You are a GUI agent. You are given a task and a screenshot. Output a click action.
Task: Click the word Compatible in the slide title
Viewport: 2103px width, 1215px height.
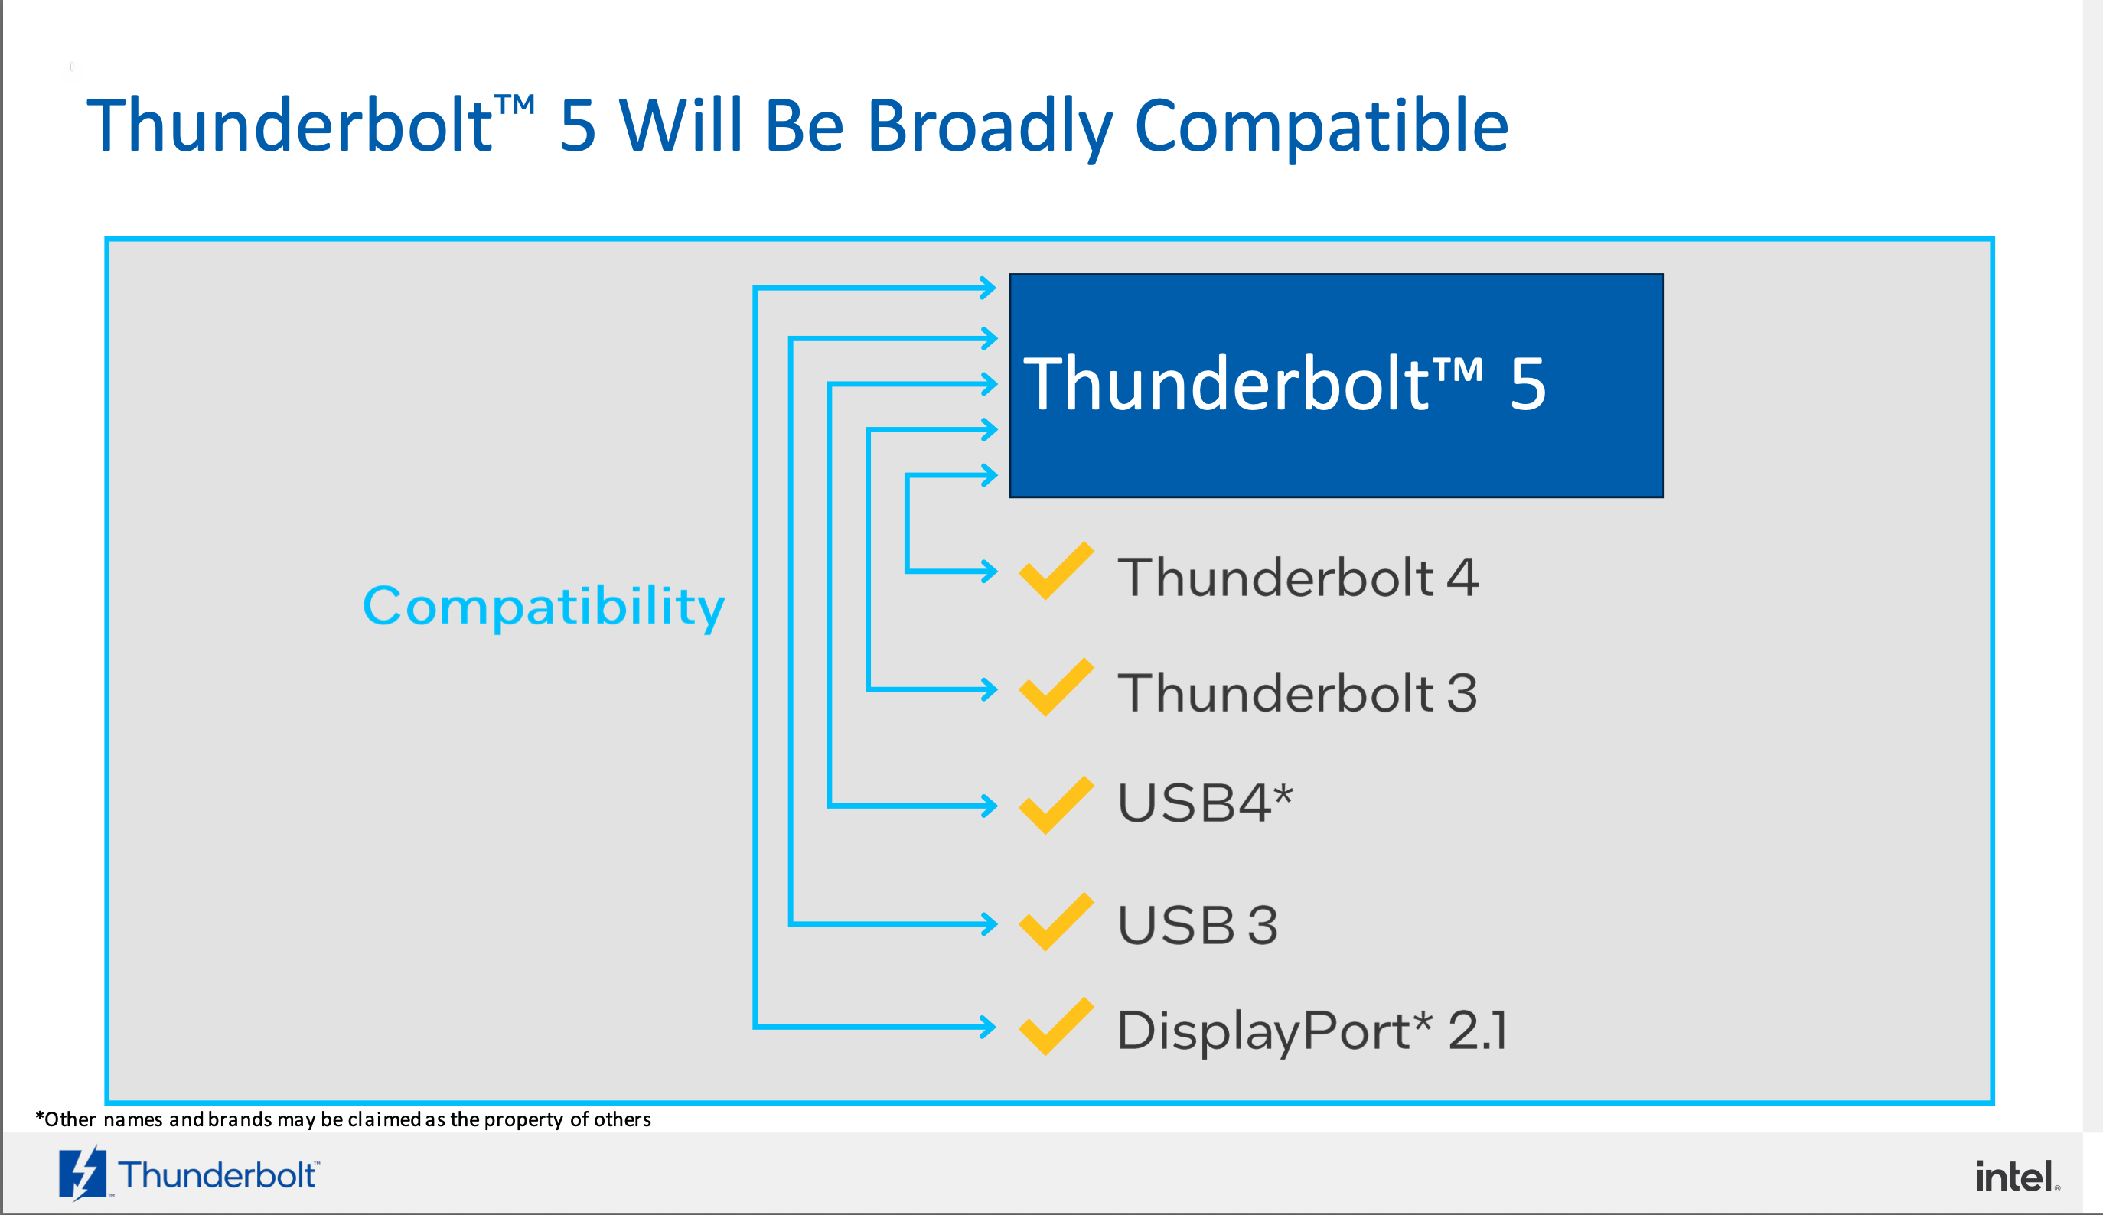[x=1322, y=126]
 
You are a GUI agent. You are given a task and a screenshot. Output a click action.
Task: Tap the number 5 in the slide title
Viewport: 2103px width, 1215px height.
[x=578, y=126]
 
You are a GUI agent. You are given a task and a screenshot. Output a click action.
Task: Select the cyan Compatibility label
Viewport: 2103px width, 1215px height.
[x=543, y=607]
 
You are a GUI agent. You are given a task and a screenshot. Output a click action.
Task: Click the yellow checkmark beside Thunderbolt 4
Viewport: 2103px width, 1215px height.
[x=1055, y=571]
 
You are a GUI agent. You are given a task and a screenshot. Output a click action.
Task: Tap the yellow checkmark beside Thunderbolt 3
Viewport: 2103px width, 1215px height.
[x=1055, y=687]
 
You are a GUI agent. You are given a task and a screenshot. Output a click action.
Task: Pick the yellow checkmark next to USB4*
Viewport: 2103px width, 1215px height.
[x=1055, y=805]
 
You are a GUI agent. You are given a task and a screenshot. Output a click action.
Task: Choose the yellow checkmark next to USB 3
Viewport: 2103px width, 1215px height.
[x=1055, y=922]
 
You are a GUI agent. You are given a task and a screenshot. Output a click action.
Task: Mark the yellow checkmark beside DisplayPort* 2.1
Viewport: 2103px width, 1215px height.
[x=1055, y=1027]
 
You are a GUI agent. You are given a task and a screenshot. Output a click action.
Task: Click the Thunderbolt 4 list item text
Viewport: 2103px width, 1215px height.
[x=1298, y=577]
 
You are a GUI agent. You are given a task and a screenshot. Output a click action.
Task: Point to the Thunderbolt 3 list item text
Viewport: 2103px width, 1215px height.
[x=1298, y=692]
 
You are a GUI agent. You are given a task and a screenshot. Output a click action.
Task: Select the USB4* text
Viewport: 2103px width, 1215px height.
[x=1205, y=803]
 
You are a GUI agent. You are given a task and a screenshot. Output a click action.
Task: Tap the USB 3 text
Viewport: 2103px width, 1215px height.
[x=1198, y=924]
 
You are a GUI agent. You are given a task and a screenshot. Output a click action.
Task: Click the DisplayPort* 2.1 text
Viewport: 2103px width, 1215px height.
[x=1312, y=1031]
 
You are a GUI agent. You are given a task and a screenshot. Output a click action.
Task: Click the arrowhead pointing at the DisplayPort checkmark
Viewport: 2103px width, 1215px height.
[x=988, y=1027]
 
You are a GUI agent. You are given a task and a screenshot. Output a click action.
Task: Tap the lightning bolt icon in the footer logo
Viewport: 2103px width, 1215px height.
[x=83, y=1173]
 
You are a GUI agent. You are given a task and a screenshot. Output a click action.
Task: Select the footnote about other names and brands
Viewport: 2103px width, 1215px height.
[x=343, y=1120]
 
